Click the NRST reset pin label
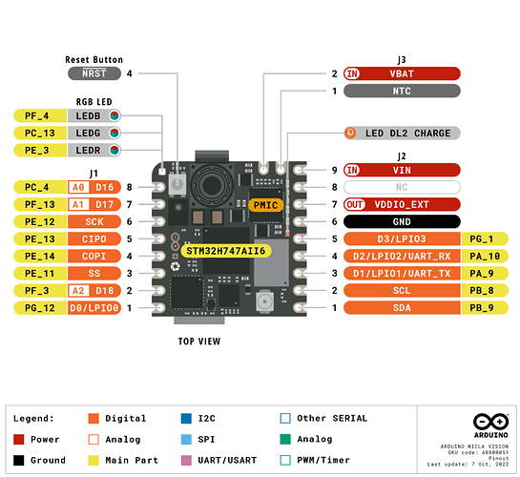tap(94, 73)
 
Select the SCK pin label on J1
tap(94, 221)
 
